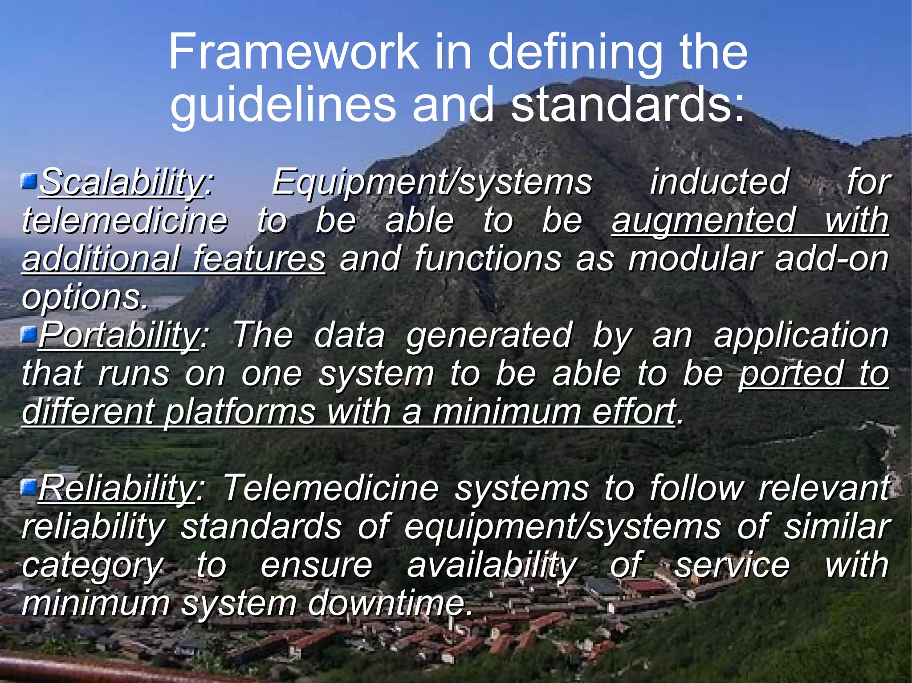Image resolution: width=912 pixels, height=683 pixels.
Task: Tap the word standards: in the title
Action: (x=628, y=104)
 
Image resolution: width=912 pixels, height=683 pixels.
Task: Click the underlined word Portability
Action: (x=119, y=335)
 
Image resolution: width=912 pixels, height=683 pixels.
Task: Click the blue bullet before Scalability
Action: (x=29, y=181)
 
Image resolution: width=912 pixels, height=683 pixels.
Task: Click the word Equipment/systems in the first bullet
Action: (x=432, y=182)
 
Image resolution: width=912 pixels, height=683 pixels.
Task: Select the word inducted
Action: (x=719, y=182)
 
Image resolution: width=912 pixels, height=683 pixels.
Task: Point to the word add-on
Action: (x=831, y=259)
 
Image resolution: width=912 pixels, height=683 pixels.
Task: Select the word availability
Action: (x=492, y=566)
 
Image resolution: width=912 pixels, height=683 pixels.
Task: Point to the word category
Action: (x=93, y=566)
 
